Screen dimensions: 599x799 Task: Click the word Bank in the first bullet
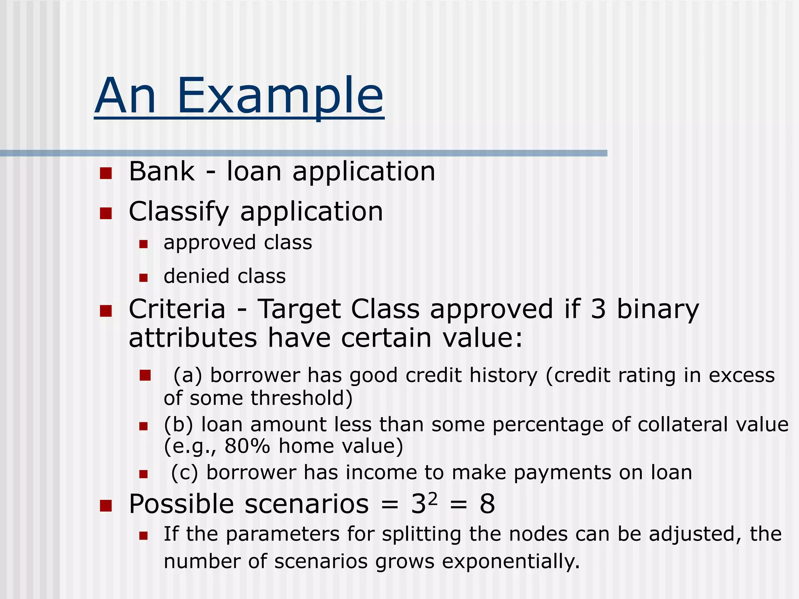click(162, 172)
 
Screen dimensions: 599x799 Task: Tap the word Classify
click(179, 212)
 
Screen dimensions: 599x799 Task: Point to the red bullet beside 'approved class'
click(144, 244)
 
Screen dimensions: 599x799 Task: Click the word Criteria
click(177, 309)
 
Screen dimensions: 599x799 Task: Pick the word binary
click(658, 309)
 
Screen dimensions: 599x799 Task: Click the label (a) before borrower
click(188, 376)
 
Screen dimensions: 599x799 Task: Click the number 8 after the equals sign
click(487, 504)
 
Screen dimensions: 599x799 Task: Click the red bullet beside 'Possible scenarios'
click(106, 506)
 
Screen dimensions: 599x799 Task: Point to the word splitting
click(422, 534)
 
